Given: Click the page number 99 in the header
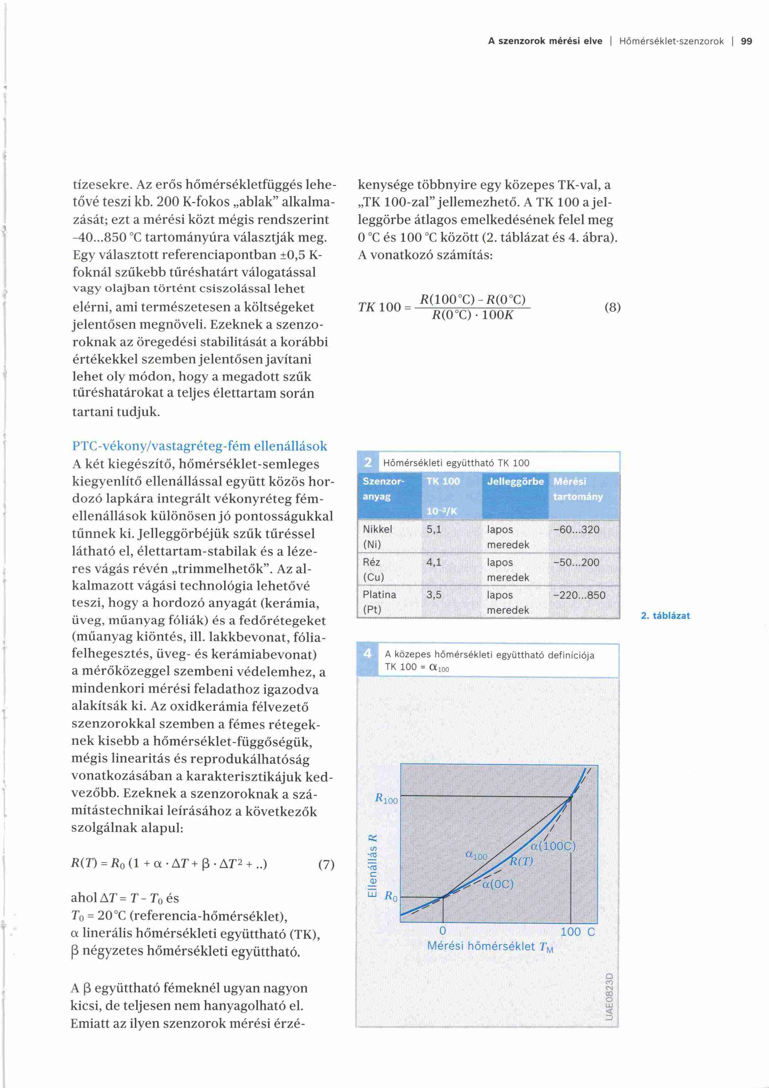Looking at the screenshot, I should (x=746, y=41).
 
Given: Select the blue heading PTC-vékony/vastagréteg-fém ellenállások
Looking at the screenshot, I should (x=199, y=446).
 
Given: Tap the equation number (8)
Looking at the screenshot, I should (x=612, y=307).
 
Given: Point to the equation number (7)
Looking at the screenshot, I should (x=326, y=864).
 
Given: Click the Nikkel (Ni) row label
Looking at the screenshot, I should (x=377, y=536).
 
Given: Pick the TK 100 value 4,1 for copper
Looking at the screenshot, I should (x=434, y=562).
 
